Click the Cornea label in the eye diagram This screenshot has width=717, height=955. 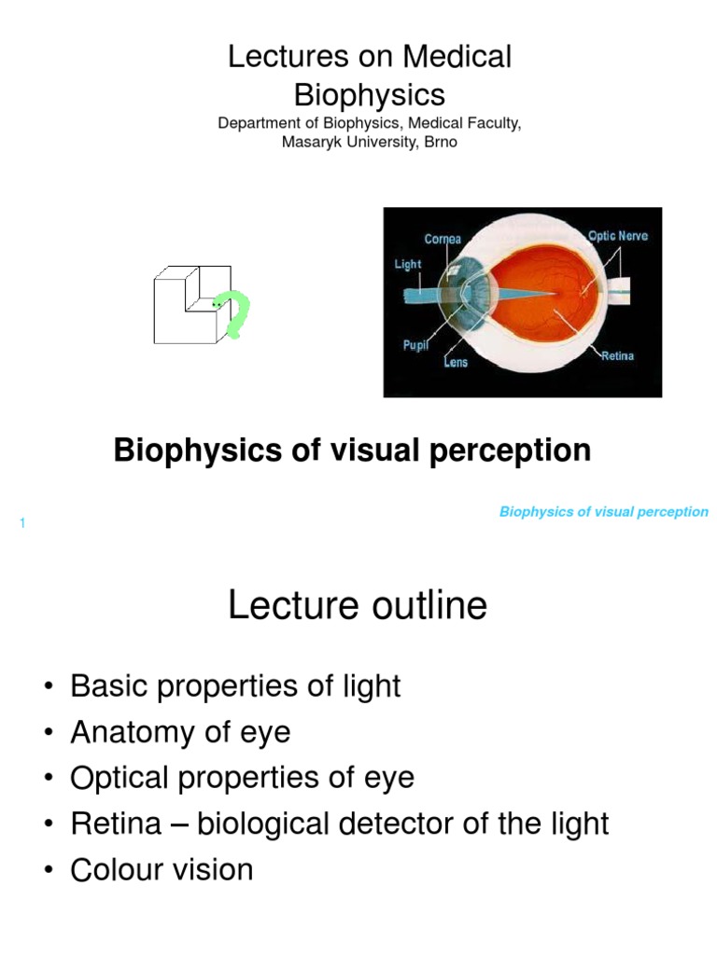(443, 240)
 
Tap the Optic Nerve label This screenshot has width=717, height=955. (618, 236)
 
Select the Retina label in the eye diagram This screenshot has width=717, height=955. (617, 356)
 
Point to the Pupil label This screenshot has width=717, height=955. (415, 345)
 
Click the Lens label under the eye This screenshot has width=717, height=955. (456, 362)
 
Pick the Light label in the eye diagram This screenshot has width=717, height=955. (408, 264)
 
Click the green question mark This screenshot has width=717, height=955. (236, 315)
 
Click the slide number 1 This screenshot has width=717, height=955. (21, 523)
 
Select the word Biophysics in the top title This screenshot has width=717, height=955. (370, 94)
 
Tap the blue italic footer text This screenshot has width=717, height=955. (604, 512)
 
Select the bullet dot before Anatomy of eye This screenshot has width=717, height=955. (48, 733)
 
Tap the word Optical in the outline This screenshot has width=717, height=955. (118, 778)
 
